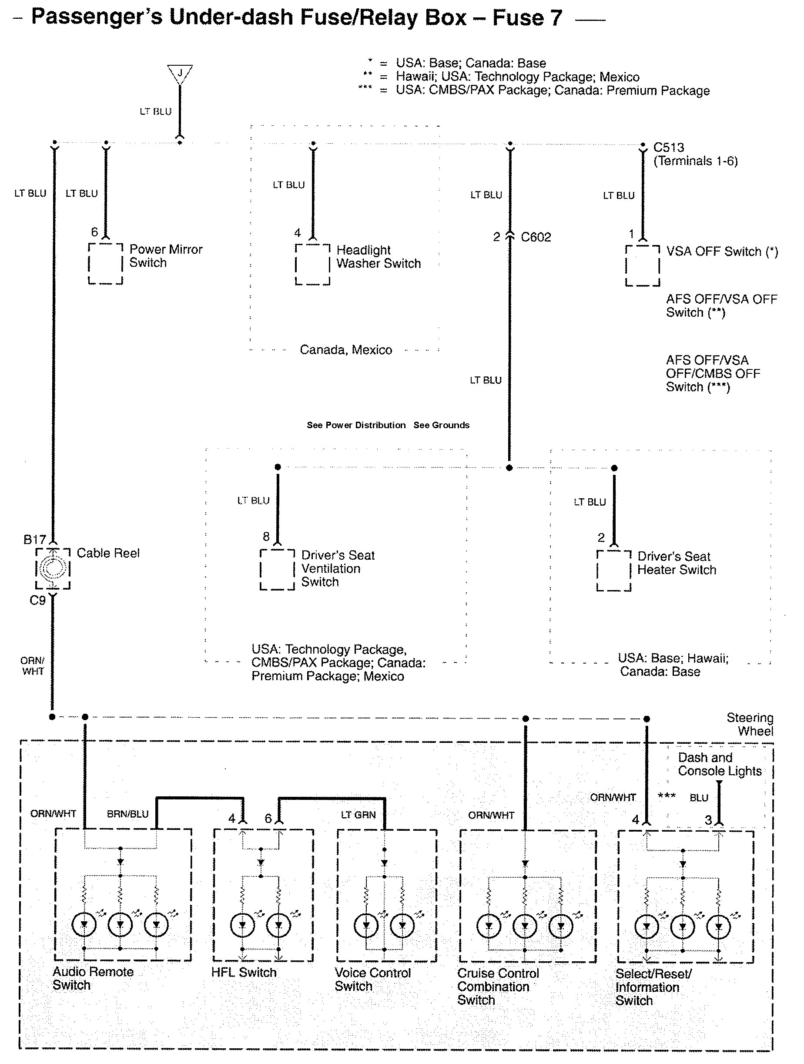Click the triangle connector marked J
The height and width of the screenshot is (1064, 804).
(180, 74)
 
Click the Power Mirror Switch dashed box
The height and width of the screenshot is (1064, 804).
(105, 264)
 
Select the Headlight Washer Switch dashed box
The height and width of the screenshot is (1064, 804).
(312, 265)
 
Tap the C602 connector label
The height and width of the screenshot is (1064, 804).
(536, 237)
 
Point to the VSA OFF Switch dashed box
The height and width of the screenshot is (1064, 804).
(643, 266)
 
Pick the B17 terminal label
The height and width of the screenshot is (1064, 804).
(35, 540)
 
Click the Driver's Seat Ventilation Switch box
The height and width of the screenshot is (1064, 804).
(278, 570)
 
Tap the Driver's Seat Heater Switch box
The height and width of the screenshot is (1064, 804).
(613, 571)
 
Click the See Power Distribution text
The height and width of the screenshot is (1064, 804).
(356, 425)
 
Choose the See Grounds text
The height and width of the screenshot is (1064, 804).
(442, 425)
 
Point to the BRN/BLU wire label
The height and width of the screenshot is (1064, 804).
(127, 814)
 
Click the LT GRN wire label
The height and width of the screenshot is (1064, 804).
(358, 814)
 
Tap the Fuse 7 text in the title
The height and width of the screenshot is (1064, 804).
(527, 18)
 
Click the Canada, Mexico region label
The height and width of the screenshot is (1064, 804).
(346, 350)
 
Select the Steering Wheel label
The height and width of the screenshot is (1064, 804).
(750, 725)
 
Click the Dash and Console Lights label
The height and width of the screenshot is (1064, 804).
(719, 764)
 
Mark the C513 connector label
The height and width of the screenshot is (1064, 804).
(668, 147)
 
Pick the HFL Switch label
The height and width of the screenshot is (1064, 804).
(244, 972)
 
